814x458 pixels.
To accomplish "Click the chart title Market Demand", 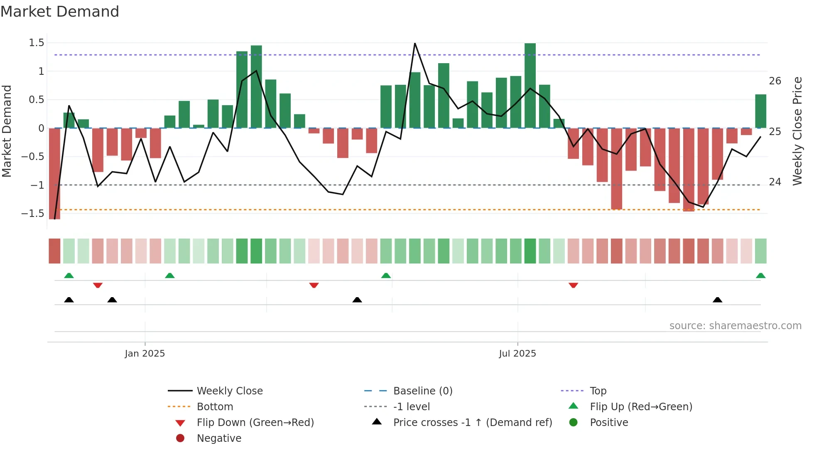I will (x=60, y=12).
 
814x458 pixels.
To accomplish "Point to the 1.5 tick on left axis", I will (x=36, y=43).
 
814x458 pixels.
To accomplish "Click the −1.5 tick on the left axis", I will (x=33, y=214).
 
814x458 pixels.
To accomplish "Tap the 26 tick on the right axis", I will (x=775, y=81).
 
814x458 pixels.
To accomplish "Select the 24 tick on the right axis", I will (x=775, y=182).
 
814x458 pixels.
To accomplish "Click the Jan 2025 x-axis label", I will (x=145, y=354).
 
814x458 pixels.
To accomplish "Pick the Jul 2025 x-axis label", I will (x=517, y=354).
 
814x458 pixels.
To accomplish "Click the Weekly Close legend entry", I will (x=229, y=391).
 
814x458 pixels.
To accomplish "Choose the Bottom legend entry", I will (x=215, y=407).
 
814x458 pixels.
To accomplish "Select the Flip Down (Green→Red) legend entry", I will (x=255, y=423).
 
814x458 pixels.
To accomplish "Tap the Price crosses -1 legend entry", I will (x=472, y=423).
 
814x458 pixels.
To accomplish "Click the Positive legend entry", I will (x=609, y=423).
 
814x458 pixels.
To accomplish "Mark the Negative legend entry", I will (x=219, y=438).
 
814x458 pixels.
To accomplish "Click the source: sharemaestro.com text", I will (x=735, y=326).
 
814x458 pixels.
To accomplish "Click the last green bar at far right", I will (x=760, y=111).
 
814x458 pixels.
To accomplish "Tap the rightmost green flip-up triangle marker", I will (x=760, y=276).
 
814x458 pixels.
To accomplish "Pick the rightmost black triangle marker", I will (x=717, y=300).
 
